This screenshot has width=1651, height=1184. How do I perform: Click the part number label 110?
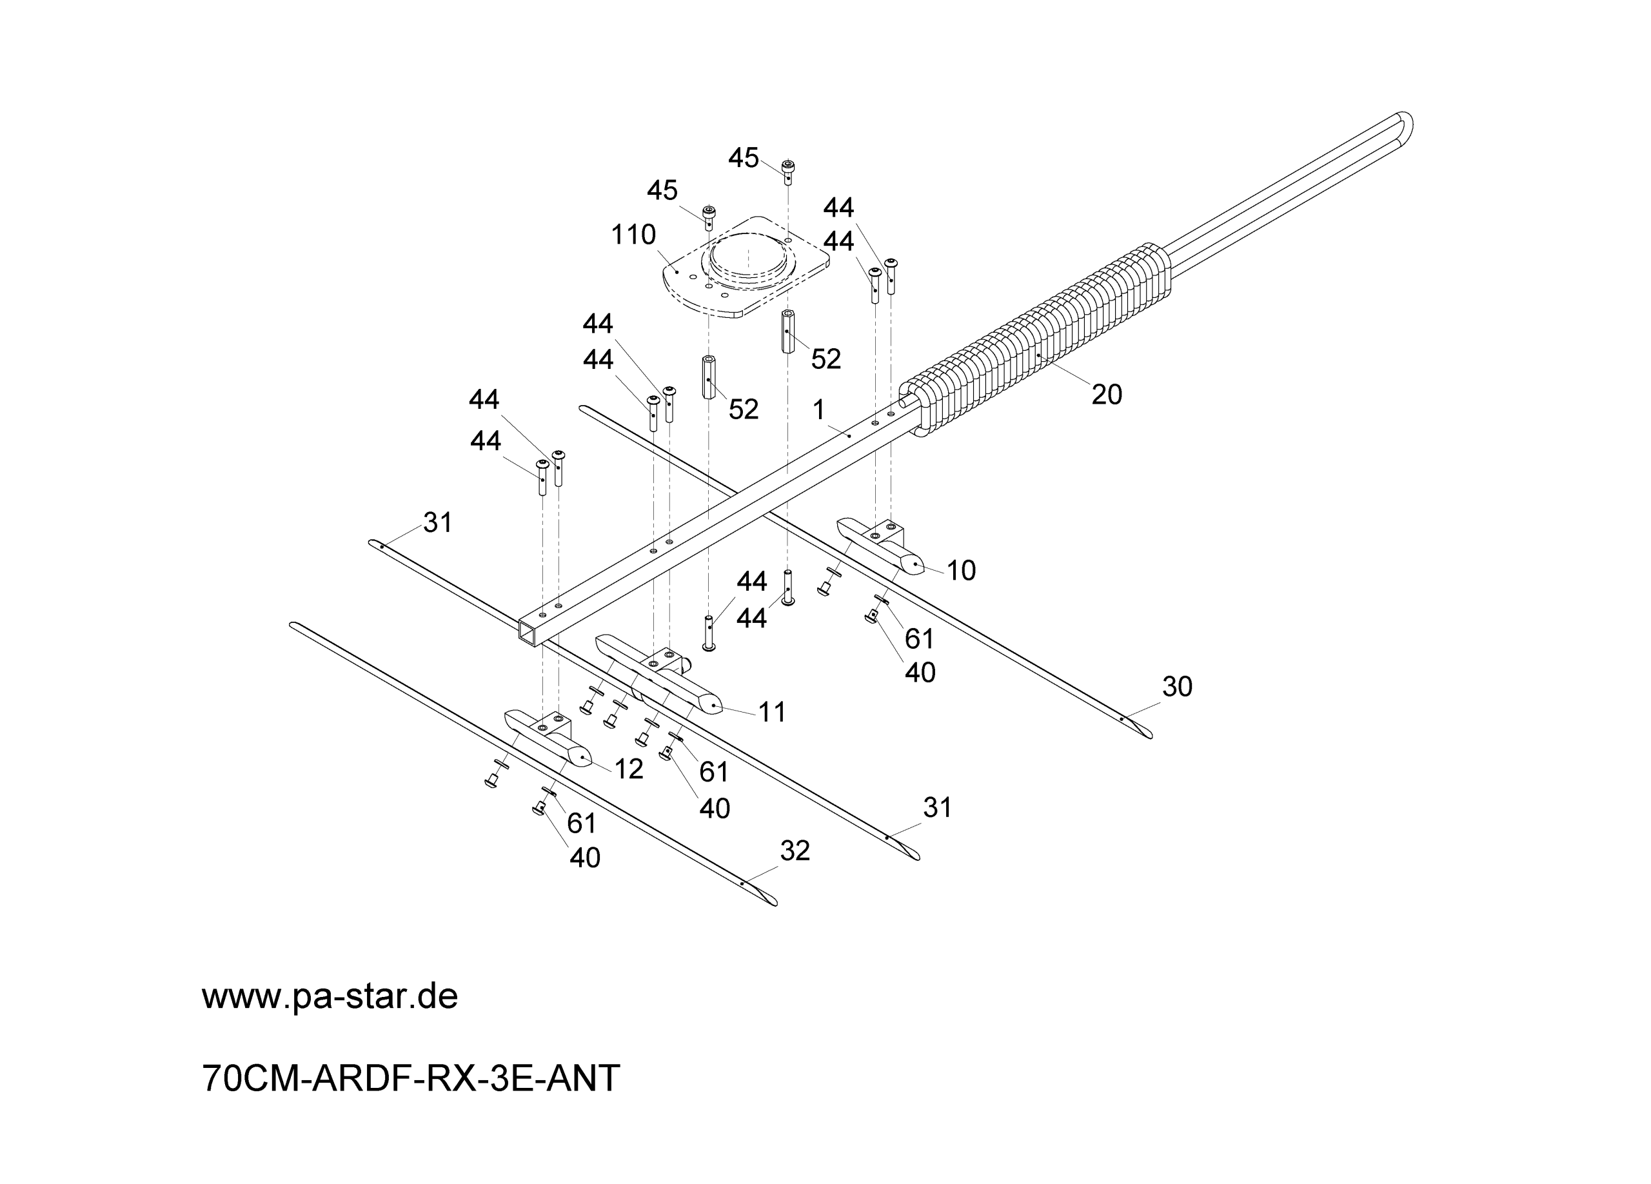click(633, 235)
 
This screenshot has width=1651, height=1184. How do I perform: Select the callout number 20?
click(1107, 395)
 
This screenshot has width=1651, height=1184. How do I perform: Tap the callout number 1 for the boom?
click(819, 410)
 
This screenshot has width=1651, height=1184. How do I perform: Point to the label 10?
click(961, 571)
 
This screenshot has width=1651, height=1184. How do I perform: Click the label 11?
click(773, 712)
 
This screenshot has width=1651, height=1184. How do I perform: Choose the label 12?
click(629, 769)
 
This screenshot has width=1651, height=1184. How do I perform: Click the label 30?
click(1177, 686)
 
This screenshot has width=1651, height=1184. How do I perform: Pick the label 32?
click(795, 851)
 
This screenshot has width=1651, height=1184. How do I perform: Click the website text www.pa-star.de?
click(330, 996)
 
